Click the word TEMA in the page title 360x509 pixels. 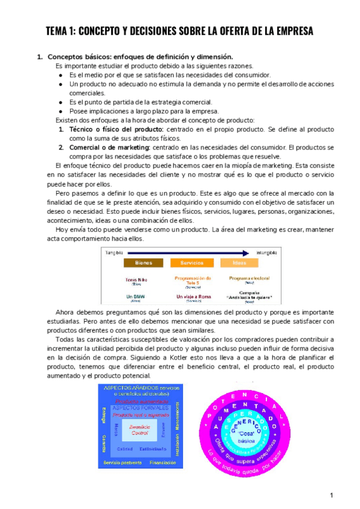(x=59, y=31)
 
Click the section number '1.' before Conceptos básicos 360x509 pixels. (x=40, y=57)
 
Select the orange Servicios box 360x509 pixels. (x=192, y=263)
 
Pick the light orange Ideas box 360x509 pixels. (x=240, y=263)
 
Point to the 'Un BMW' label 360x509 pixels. (x=136, y=297)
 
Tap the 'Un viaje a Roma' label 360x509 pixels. (x=193, y=297)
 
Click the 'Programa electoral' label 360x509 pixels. (x=249, y=279)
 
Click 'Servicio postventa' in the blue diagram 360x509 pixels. (x=122, y=463)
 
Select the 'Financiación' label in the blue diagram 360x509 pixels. (x=162, y=463)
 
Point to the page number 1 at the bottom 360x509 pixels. (x=331, y=495)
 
